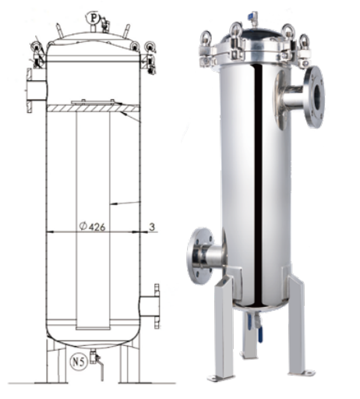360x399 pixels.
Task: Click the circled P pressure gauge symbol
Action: (93, 18)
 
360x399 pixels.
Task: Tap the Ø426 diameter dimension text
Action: (93, 227)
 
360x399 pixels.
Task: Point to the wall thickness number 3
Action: (152, 227)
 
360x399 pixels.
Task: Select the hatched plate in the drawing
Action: (93, 108)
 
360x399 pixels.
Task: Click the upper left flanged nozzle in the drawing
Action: (37, 90)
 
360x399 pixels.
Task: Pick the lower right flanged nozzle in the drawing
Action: (150, 306)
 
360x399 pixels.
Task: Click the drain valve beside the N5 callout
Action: (97, 362)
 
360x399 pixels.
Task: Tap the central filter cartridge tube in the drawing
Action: (93, 221)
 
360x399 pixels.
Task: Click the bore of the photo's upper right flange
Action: (318, 97)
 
